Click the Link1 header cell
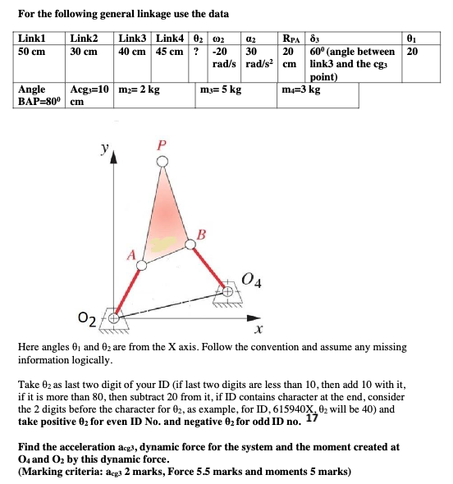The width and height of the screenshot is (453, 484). pos(31,38)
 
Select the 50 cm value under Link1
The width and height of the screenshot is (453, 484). pos(31,51)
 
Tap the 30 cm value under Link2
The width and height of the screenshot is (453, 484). pos(84,51)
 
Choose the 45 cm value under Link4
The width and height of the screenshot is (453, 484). pos(169,51)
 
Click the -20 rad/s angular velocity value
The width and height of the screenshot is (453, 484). pos(224,51)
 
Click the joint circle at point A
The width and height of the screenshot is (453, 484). pos(141,265)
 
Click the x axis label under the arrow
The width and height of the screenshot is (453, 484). pos(257,331)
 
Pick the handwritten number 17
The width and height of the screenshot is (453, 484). pos(311,420)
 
